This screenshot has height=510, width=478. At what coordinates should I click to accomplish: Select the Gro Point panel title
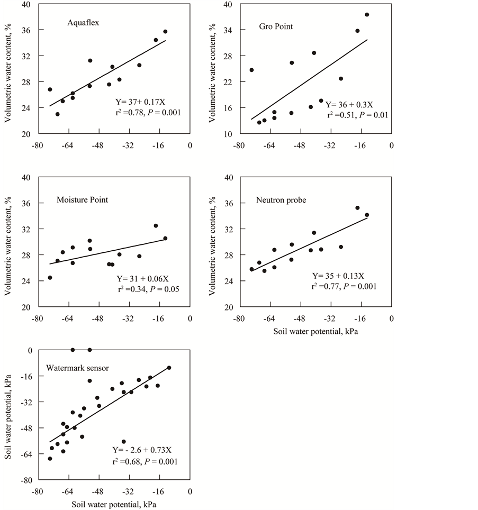click(x=276, y=26)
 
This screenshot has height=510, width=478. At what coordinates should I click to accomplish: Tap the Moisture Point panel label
click(x=82, y=200)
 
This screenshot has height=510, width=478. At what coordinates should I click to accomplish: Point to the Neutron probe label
click(x=281, y=200)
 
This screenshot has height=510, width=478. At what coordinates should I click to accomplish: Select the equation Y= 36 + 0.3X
click(x=349, y=104)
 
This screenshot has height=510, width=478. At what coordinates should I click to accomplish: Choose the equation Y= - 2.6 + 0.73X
click(x=142, y=450)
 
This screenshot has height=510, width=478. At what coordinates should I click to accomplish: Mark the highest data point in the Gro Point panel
click(x=367, y=15)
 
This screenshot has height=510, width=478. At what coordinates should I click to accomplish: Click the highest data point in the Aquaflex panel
click(x=165, y=32)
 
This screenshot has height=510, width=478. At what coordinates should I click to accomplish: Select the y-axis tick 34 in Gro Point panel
click(x=228, y=30)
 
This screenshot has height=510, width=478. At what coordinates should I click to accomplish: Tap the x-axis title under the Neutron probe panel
click(x=317, y=332)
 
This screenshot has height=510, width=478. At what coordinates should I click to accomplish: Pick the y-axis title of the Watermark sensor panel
click(x=8, y=416)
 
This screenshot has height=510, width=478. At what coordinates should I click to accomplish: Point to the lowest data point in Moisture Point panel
click(x=50, y=278)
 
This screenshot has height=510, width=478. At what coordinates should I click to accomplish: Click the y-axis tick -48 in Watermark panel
click(x=26, y=428)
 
